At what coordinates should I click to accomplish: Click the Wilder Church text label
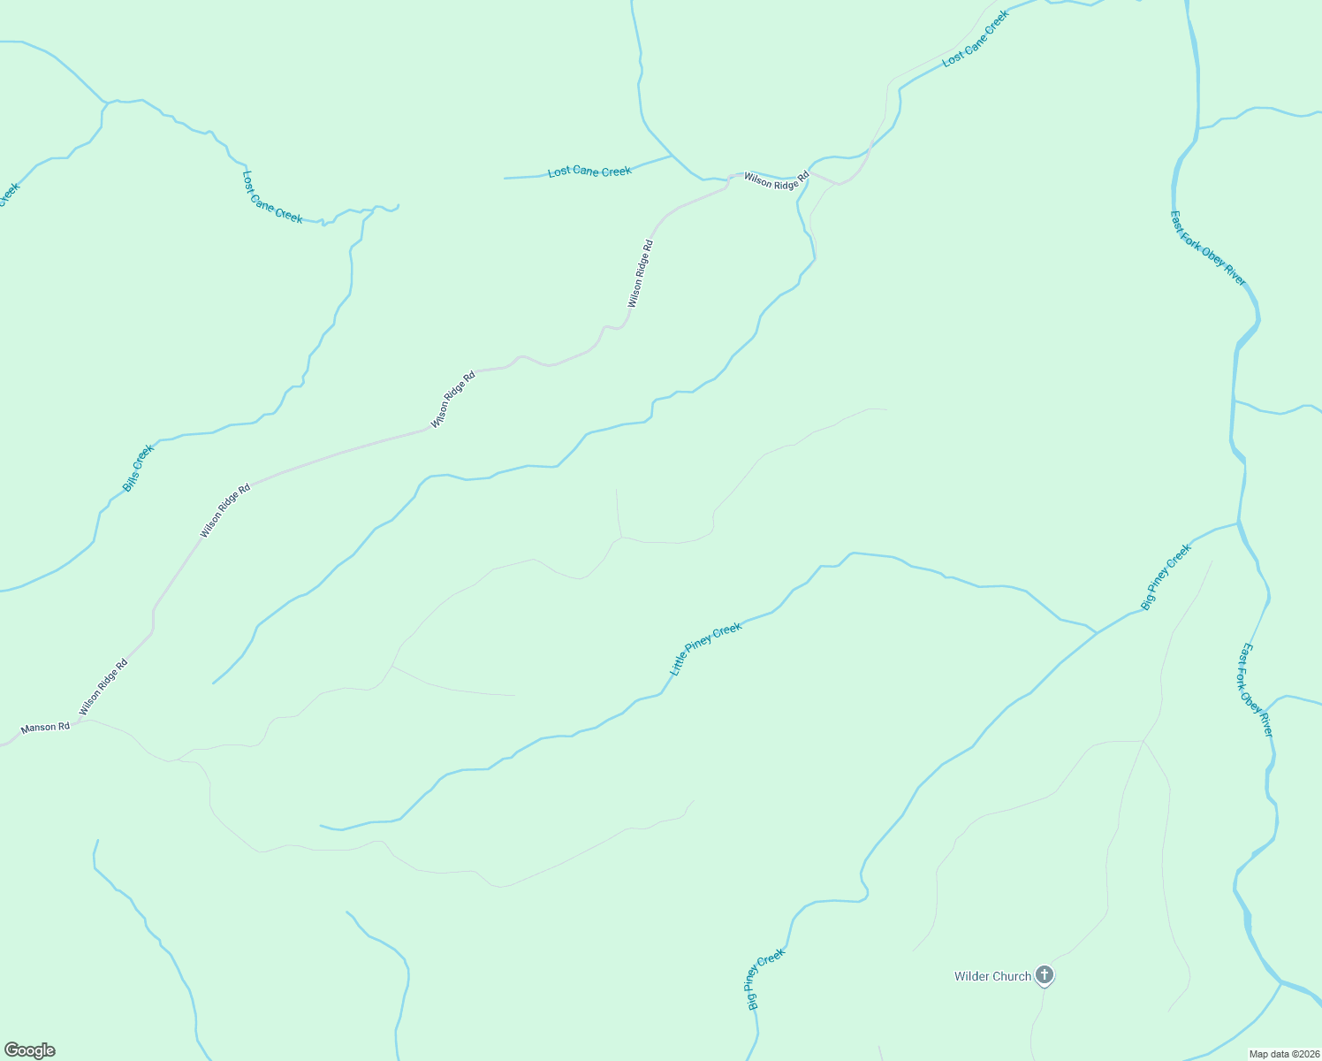click(x=992, y=977)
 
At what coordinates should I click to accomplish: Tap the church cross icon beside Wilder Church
click(x=1045, y=975)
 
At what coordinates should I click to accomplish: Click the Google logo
click(x=29, y=1050)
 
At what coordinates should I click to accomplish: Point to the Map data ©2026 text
click(x=1284, y=1054)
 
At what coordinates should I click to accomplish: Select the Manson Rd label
click(x=45, y=728)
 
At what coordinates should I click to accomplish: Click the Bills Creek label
click(x=138, y=468)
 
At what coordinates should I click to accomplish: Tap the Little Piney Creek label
click(x=705, y=650)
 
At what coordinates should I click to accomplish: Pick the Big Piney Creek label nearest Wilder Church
click(x=765, y=980)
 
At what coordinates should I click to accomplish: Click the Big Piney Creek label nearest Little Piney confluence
click(x=1166, y=576)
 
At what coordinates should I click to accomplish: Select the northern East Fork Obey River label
click(x=1208, y=248)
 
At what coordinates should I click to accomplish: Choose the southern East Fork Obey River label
click(x=1255, y=690)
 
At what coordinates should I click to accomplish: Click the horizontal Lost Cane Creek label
click(x=589, y=172)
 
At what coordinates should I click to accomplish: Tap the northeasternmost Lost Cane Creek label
click(x=976, y=39)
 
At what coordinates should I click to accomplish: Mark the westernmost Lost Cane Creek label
click(x=272, y=197)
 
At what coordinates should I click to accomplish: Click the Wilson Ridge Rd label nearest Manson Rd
click(x=103, y=687)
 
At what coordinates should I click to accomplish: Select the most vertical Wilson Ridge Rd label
click(x=641, y=274)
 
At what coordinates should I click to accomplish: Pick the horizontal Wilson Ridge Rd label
click(x=776, y=179)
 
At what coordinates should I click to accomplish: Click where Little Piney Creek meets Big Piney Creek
click(x=1097, y=633)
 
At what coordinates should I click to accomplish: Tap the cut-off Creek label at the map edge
click(x=8, y=194)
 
